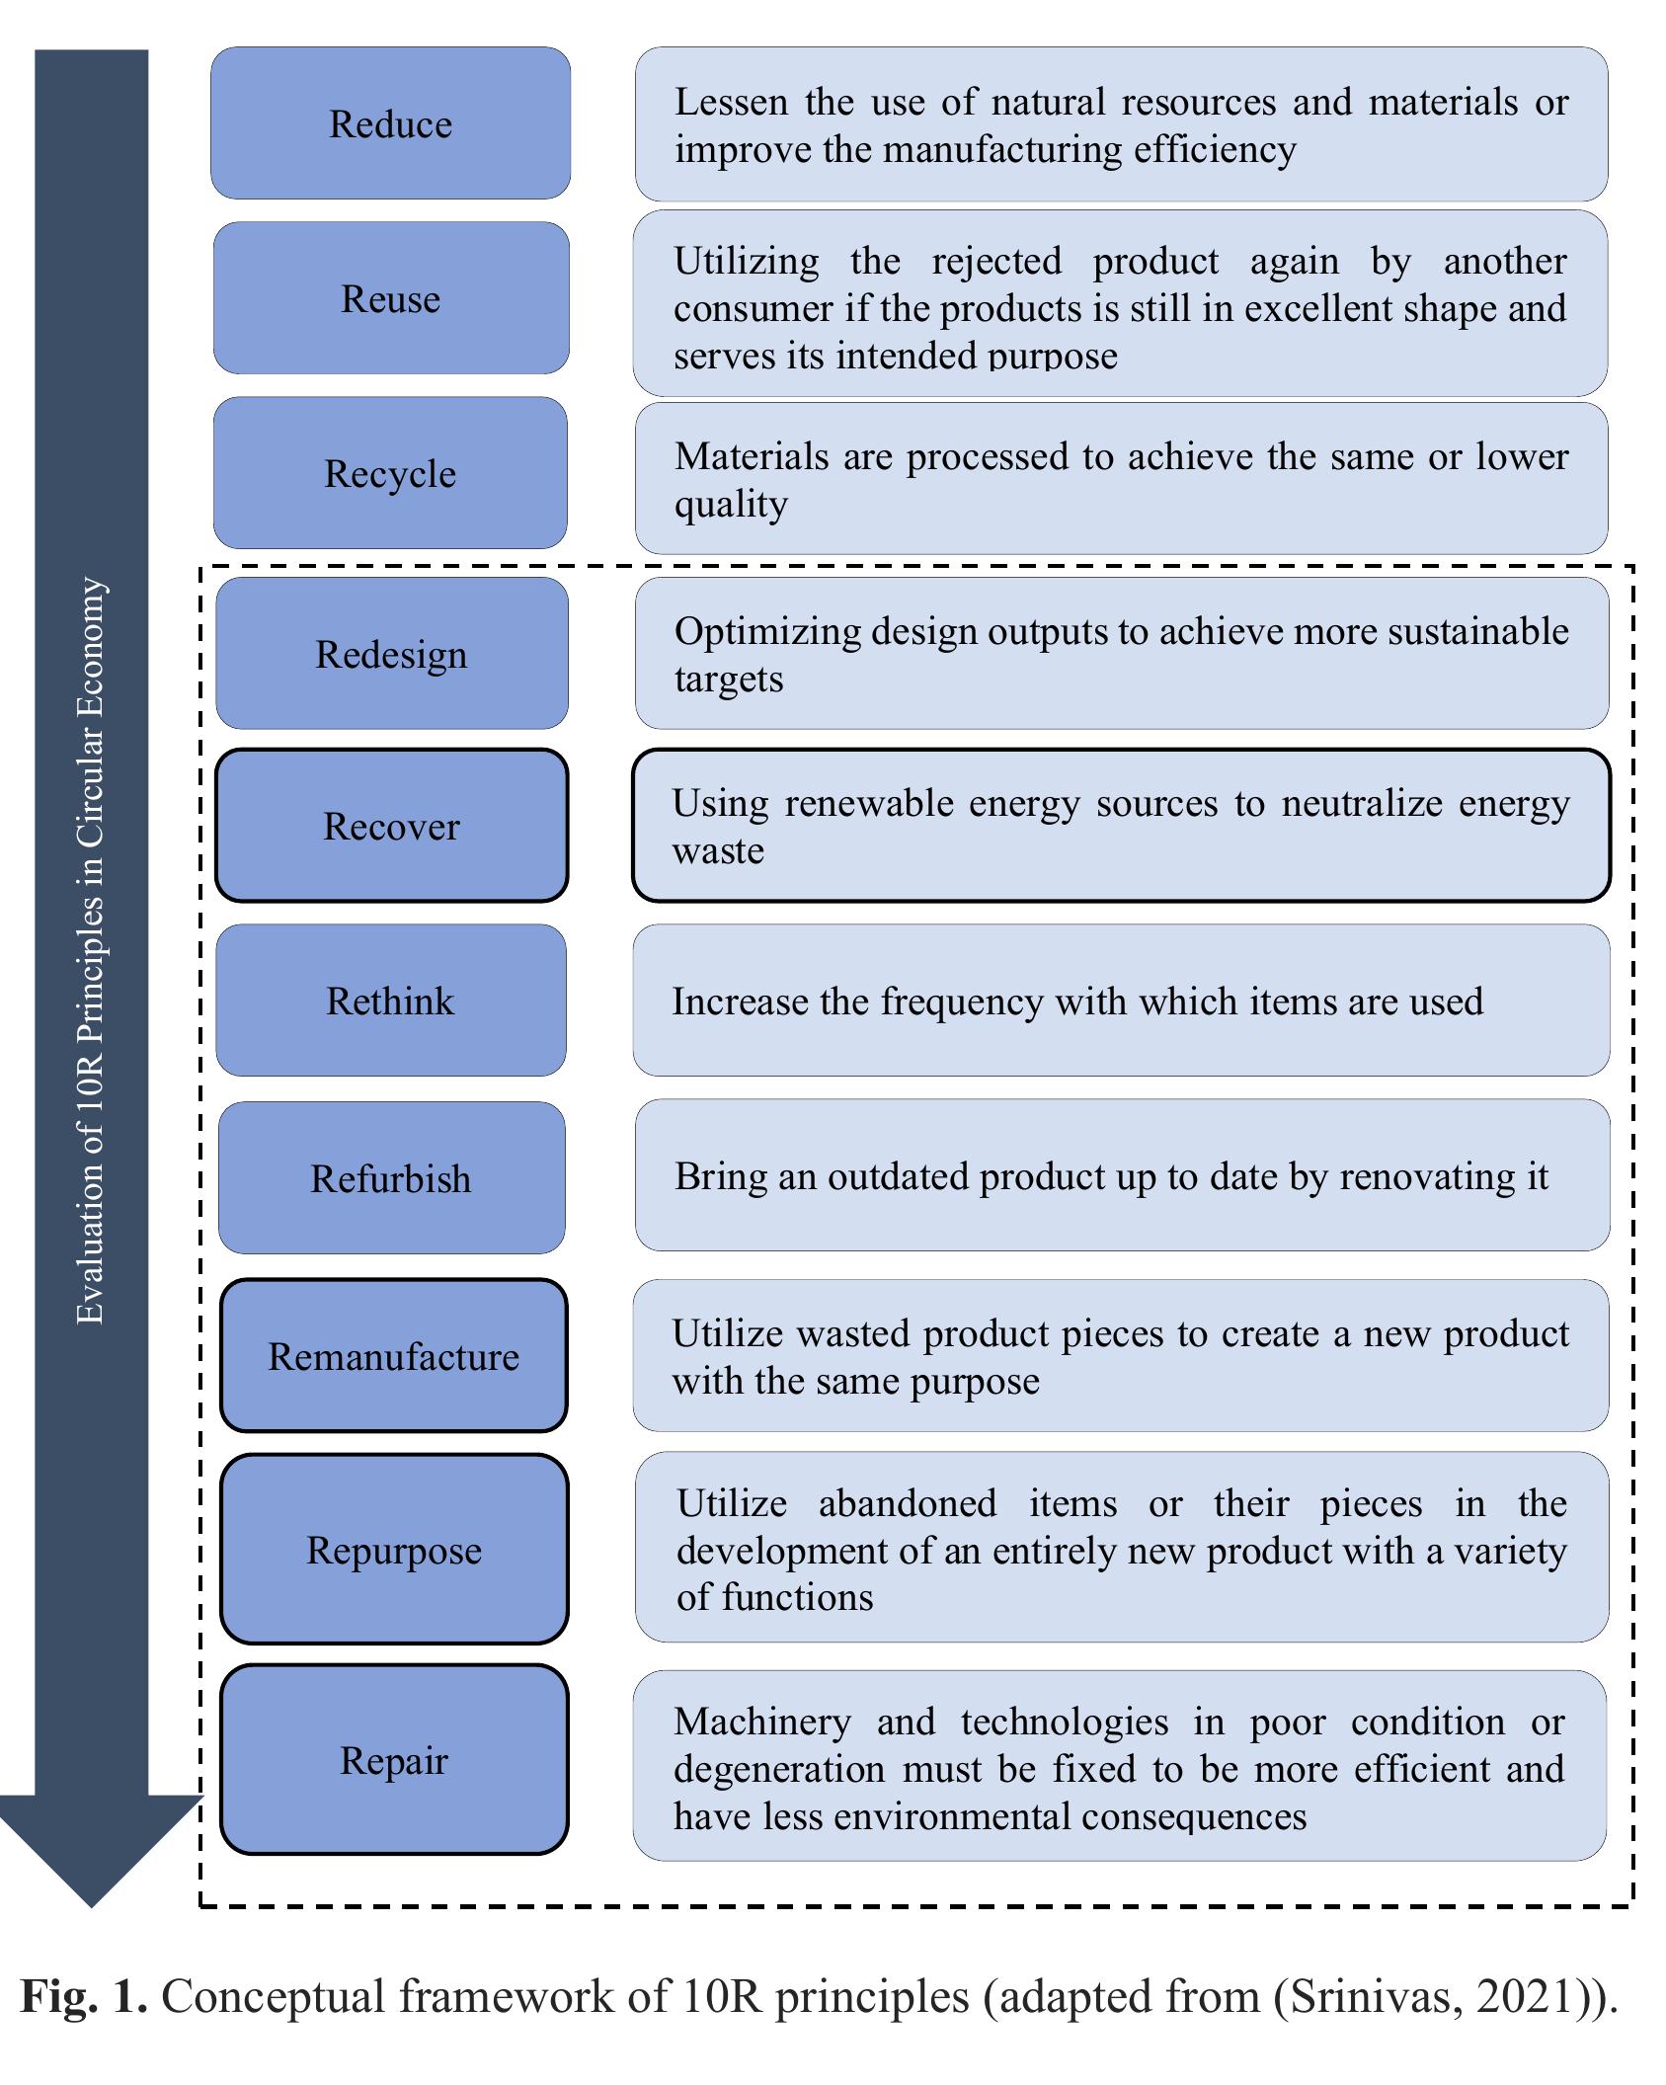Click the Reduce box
[390, 123]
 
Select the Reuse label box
[390, 298]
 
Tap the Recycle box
[390, 473]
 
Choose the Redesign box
[391, 654]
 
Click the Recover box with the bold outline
[391, 826]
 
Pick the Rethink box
[390, 1001]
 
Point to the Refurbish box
[391, 1178]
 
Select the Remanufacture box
[393, 1356]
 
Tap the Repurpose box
[393, 1550]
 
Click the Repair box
[393, 1761]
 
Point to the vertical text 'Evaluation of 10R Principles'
[91, 948]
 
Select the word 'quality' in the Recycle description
[731, 505]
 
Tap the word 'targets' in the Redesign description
[729, 680]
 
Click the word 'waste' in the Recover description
[718, 850]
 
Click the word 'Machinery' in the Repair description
[761, 1722]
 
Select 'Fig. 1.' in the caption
[84, 1996]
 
